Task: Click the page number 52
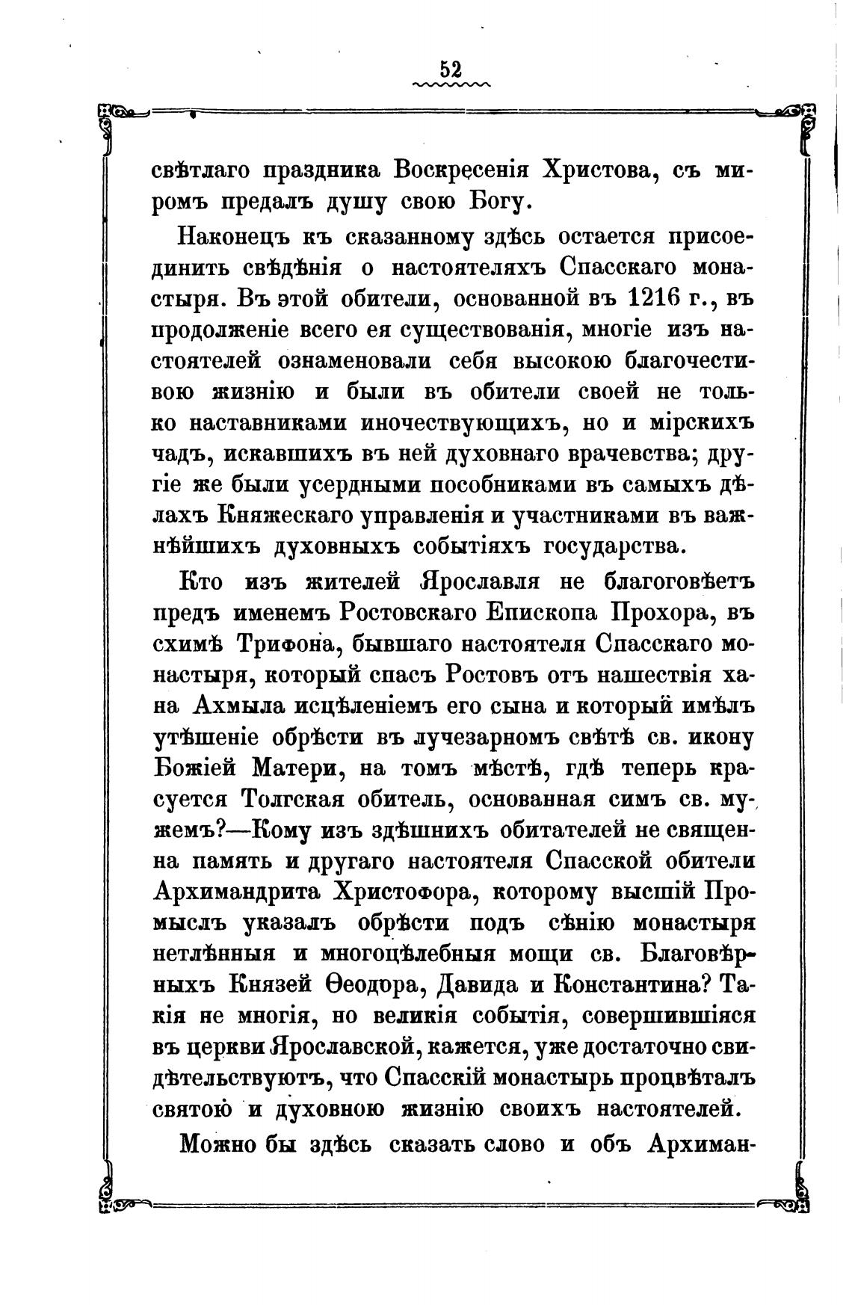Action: (451, 69)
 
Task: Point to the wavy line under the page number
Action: (451, 85)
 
